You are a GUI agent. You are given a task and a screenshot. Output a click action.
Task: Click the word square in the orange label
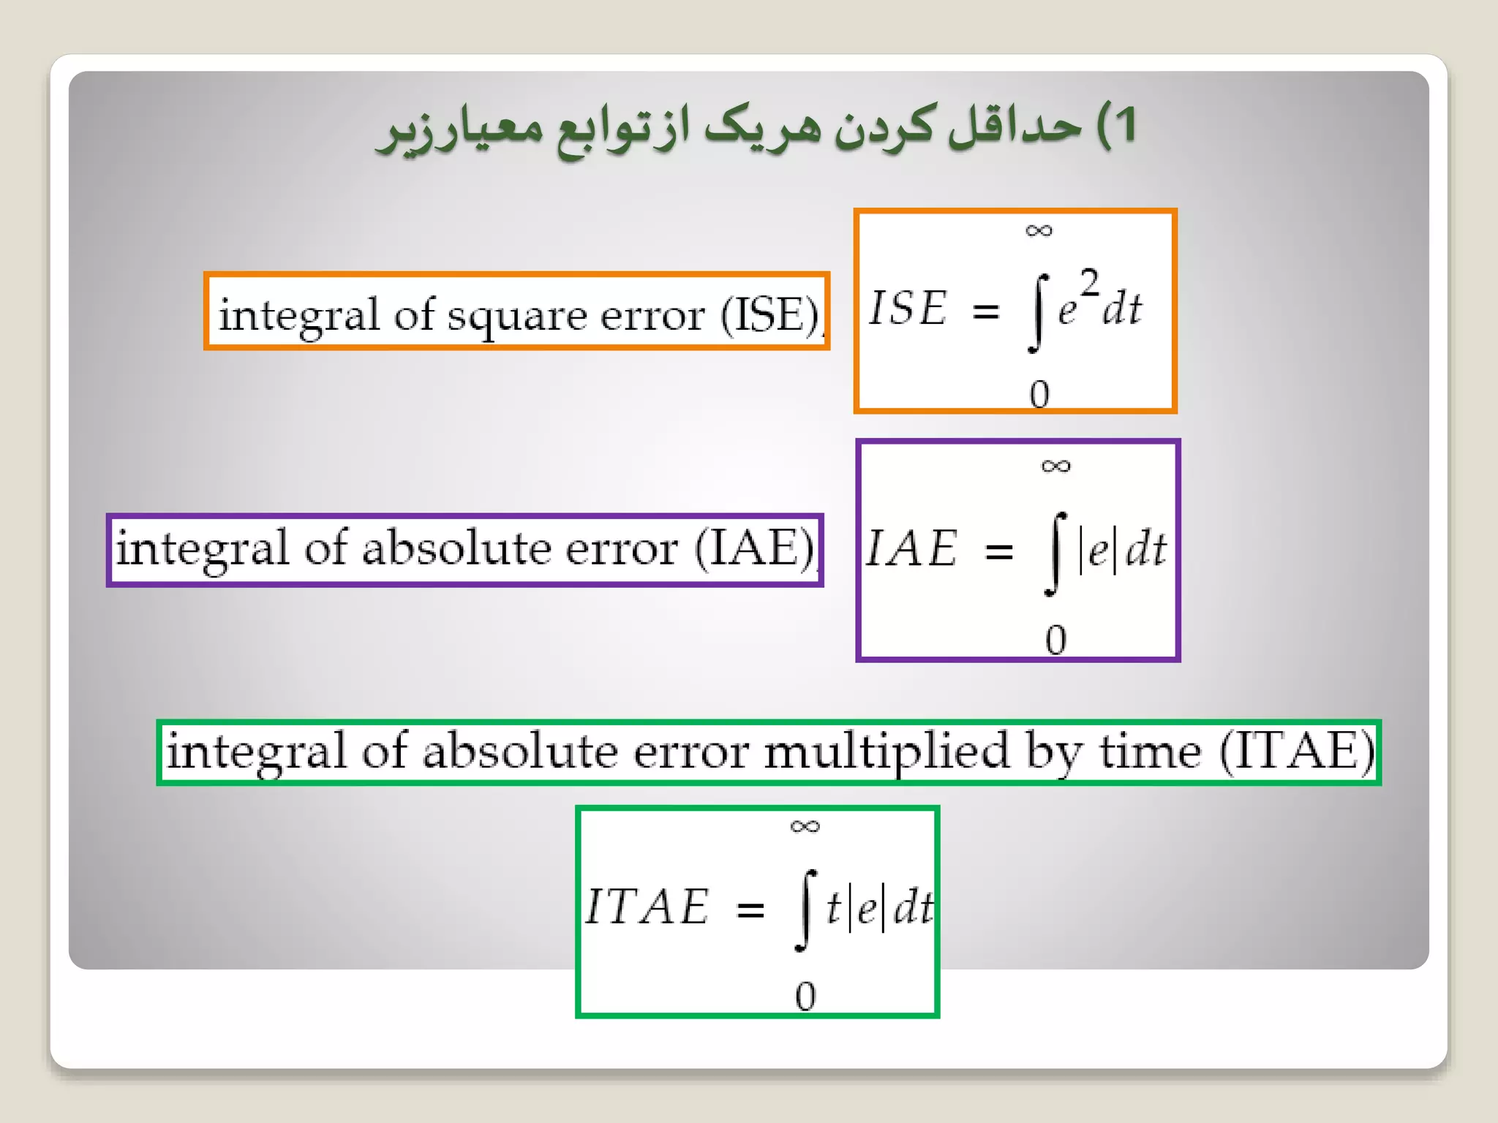click(x=527, y=316)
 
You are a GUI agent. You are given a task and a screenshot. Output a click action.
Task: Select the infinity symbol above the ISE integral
click(x=1039, y=231)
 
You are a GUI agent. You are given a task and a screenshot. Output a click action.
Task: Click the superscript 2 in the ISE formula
click(x=1089, y=283)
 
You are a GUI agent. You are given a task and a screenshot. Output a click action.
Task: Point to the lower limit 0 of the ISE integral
click(x=1039, y=395)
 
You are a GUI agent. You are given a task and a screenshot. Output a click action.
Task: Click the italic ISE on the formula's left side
click(x=908, y=307)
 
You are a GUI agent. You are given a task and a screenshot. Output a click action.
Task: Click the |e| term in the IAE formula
click(x=1098, y=550)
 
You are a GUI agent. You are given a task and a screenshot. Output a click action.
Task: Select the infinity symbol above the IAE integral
click(x=1055, y=466)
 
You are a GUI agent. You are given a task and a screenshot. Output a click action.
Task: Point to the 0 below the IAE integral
click(x=1055, y=640)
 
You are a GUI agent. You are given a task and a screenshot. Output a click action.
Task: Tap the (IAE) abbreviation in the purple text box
click(x=755, y=548)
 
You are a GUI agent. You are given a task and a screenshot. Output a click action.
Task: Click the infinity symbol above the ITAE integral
click(x=805, y=826)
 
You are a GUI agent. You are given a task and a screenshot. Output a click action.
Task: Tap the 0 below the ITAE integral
click(x=805, y=996)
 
